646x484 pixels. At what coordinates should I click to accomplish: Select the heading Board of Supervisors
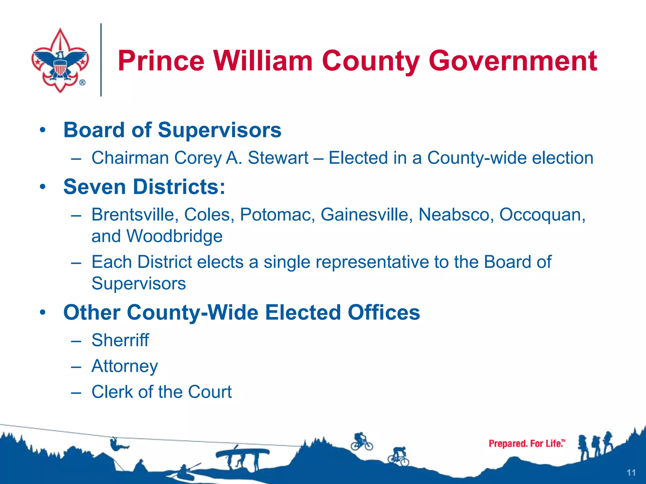[172, 130]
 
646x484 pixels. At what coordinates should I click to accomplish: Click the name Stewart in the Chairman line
[278, 158]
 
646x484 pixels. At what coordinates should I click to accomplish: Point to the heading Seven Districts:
[144, 187]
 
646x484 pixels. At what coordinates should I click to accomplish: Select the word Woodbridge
[174, 236]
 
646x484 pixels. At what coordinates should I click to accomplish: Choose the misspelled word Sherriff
[120, 340]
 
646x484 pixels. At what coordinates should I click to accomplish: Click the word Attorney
[125, 366]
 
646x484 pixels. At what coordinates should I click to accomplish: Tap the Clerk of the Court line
[161, 392]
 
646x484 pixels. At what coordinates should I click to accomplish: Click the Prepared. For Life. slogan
[526, 444]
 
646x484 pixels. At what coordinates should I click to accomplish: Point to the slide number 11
[631, 473]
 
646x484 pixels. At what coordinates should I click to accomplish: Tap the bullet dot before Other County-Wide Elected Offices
[43, 313]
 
